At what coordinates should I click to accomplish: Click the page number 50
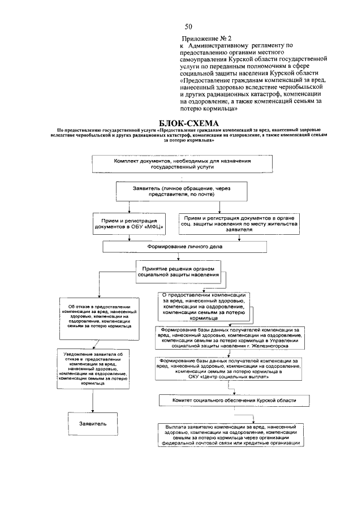coord(188,27)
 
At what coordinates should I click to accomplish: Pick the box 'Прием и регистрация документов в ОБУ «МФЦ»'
coord(130,221)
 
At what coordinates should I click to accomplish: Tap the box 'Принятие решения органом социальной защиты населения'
coord(178,272)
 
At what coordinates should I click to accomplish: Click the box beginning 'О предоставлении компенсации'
coord(204,306)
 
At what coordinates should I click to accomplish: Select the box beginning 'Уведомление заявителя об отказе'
coord(94,368)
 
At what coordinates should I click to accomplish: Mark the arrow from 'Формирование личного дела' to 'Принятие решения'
coord(178,256)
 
